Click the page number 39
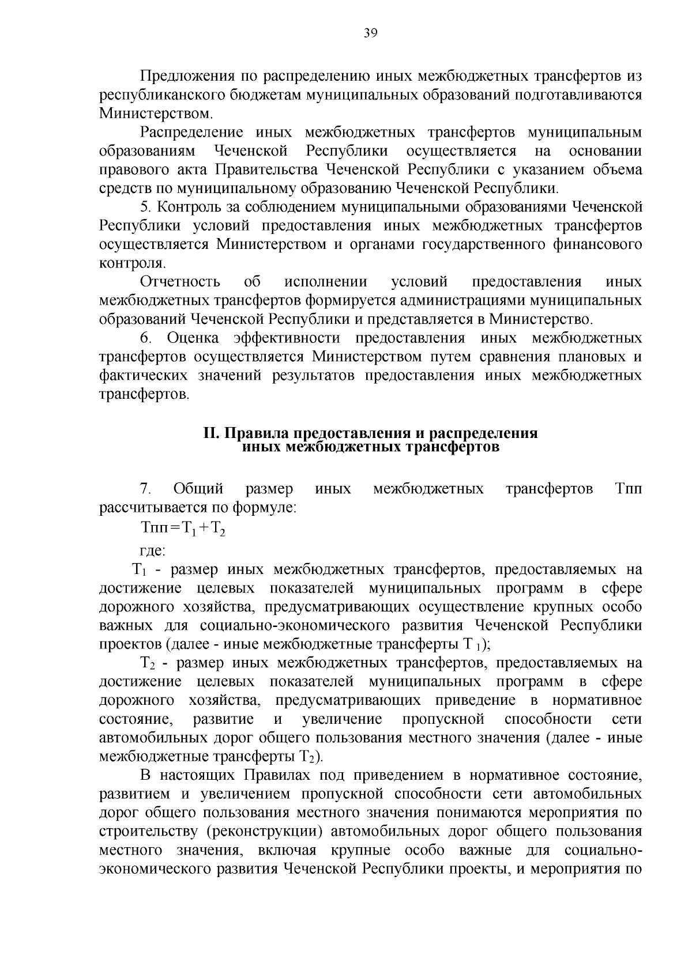tap(370, 33)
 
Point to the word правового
tap(127, 169)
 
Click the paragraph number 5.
tap(145, 207)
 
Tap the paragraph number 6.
tap(145, 338)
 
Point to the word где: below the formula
tap(153, 551)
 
